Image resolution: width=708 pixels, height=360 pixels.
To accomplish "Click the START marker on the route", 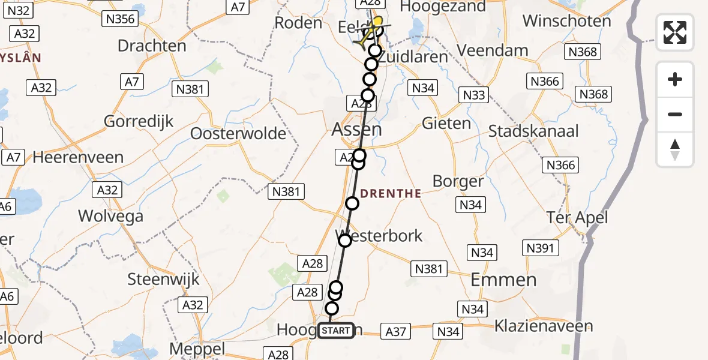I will pyautogui.click(x=336, y=331).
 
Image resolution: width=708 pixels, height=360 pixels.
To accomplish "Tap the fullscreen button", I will pyautogui.click(x=675, y=32).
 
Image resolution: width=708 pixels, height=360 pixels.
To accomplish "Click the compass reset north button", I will pyautogui.click(x=675, y=149).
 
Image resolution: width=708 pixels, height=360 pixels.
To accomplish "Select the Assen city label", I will pyautogui.click(x=356, y=130).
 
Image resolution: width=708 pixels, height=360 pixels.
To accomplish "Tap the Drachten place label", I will pyautogui.click(x=152, y=46).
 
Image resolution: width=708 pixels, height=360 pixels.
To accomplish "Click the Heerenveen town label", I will pyautogui.click(x=79, y=158).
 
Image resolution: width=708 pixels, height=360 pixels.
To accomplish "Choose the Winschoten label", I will pyautogui.click(x=567, y=21).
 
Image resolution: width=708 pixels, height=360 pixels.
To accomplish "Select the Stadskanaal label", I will pyautogui.click(x=533, y=131).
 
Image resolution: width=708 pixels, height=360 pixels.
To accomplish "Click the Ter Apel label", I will pyautogui.click(x=577, y=217).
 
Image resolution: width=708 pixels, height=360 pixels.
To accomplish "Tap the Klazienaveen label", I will pyautogui.click(x=544, y=326).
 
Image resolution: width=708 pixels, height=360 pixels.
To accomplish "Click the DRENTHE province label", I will pyautogui.click(x=391, y=193).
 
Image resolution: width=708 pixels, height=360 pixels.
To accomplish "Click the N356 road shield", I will pyautogui.click(x=120, y=19).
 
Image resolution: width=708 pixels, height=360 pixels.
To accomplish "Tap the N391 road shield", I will pyautogui.click(x=541, y=247).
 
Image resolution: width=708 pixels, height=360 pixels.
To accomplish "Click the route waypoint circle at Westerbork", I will pyautogui.click(x=345, y=241).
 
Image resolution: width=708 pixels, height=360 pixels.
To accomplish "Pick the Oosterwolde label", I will pyautogui.click(x=238, y=133).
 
